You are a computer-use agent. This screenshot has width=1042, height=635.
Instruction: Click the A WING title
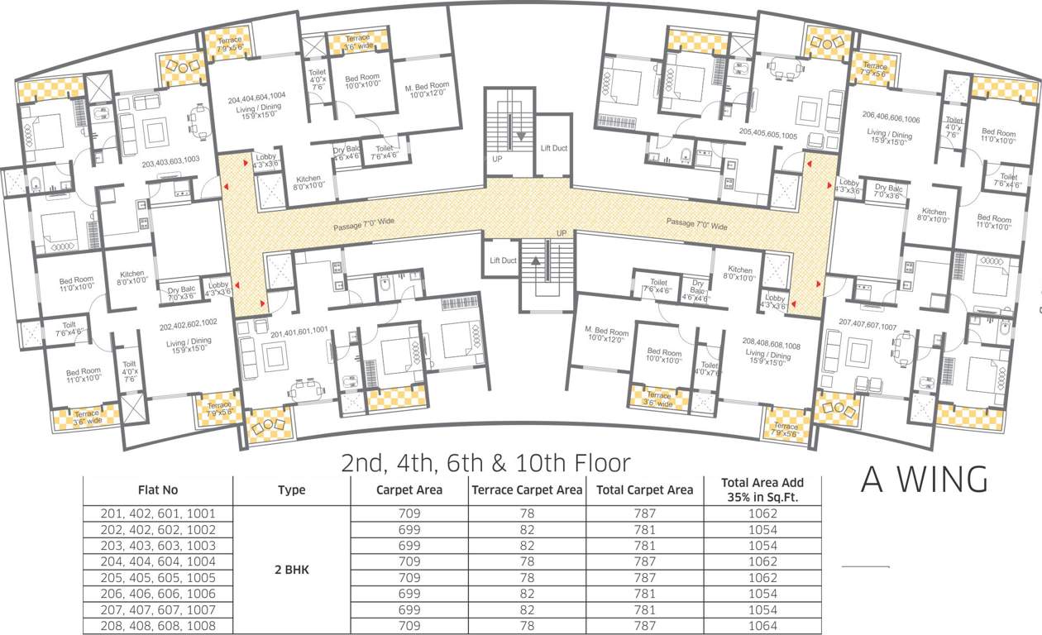pyautogui.click(x=924, y=480)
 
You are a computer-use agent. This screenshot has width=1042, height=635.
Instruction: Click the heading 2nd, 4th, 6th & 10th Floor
pyautogui.click(x=486, y=462)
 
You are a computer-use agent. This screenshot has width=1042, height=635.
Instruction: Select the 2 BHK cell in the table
pyautogui.click(x=291, y=570)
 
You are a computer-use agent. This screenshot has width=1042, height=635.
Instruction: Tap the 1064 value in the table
pyautogui.click(x=761, y=626)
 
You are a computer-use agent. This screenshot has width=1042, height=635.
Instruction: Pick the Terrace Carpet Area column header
pyautogui.click(x=527, y=489)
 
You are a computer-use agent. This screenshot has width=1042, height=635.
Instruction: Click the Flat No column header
pyautogui.click(x=158, y=489)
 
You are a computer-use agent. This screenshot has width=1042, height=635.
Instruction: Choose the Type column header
pyautogui.click(x=291, y=489)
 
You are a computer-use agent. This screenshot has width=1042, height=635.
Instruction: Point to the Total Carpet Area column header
pyautogui.click(x=644, y=489)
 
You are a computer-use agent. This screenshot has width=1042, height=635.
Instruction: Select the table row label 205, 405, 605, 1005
pyautogui.click(x=158, y=578)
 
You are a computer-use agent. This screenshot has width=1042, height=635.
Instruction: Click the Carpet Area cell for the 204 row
pyautogui.click(x=409, y=561)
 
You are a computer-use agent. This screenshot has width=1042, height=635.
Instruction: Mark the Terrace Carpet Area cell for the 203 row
pyautogui.click(x=527, y=546)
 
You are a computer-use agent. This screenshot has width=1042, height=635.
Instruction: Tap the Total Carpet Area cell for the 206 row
pyautogui.click(x=644, y=594)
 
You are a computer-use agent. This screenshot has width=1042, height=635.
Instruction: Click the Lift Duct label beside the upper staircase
pyautogui.click(x=553, y=148)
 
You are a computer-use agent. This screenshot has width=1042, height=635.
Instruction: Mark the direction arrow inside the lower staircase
pyautogui.click(x=535, y=262)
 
